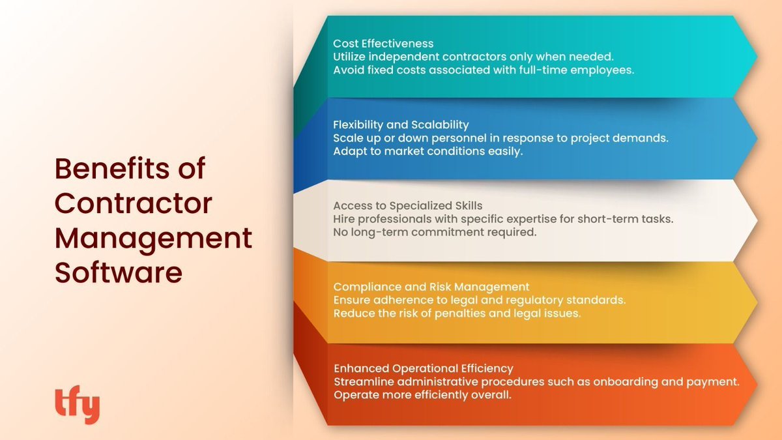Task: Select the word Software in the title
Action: [x=118, y=272]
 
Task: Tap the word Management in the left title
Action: [x=153, y=238]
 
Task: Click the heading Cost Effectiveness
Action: [x=383, y=44]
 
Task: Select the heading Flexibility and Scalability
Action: [x=401, y=125]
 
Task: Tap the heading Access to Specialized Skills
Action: [x=408, y=205]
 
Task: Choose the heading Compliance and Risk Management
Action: [x=431, y=287]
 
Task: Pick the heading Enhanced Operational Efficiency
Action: [x=424, y=368]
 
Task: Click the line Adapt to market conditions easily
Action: [x=428, y=151]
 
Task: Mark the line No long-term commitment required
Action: [x=435, y=232]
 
